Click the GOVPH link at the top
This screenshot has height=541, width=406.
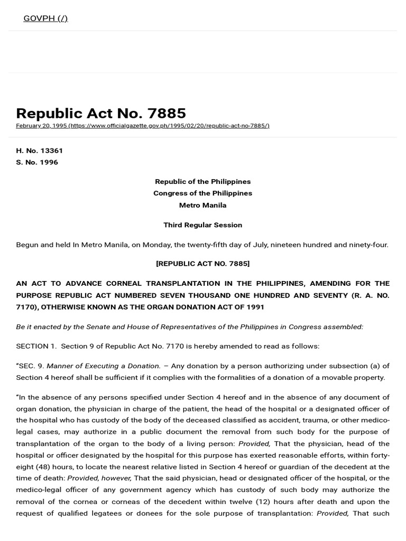coord(45,18)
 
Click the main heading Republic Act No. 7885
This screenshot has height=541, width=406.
coord(101,113)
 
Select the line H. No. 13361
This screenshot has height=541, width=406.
coord(40,151)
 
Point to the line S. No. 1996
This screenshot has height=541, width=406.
coord(37,162)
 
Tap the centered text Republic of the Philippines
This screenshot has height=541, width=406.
coord(202,181)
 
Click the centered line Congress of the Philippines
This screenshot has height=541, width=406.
coord(202,193)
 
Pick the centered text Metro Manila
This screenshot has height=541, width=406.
coord(202,205)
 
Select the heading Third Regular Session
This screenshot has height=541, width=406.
coord(202,225)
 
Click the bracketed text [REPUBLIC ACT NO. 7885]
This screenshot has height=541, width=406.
coord(202,263)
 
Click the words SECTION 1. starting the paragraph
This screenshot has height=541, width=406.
coord(35,346)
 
